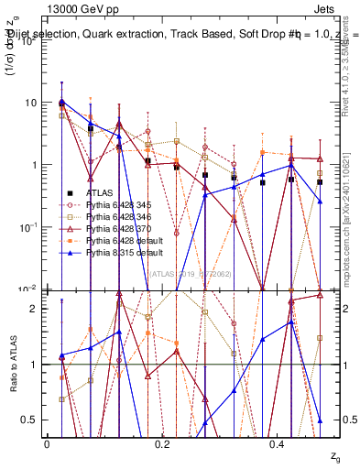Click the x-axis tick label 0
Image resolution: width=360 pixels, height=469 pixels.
pyautogui.click(x=47, y=444)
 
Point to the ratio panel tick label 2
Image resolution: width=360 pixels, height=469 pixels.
pyautogui.click(x=35, y=308)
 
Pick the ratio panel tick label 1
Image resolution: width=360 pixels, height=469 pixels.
pyautogui.click(x=35, y=365)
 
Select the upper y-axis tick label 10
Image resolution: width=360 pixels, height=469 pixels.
pyautogui.click(x=31, y=103)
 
